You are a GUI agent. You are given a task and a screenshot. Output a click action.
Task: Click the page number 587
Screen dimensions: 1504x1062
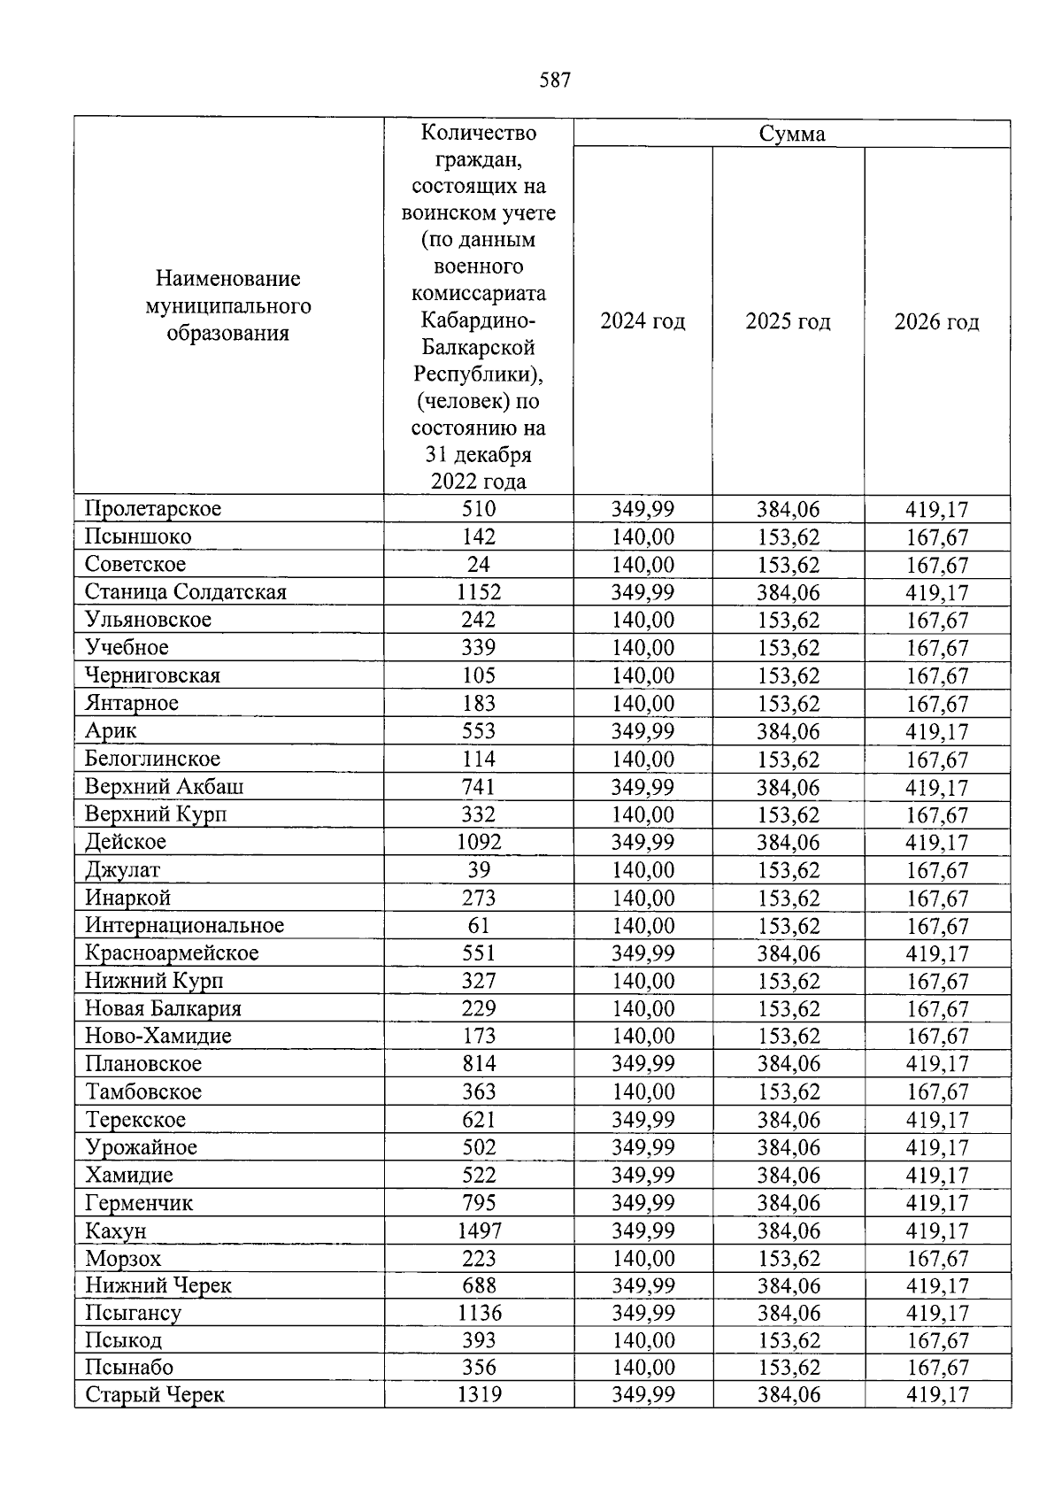click(555, 81)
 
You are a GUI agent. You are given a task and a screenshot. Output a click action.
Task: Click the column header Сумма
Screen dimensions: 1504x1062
click(792, 134)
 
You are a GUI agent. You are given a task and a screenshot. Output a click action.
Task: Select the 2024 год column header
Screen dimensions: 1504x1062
click(643, 320)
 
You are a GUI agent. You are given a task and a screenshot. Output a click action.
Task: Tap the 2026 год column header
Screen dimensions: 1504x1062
click(936, 321)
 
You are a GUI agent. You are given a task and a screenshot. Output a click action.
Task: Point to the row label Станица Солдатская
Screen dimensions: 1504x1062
click(186, 591)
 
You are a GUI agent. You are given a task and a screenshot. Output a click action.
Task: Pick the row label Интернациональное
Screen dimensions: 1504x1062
click(184, 925)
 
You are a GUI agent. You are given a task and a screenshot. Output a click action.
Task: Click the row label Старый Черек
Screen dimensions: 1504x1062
click(155, 1395)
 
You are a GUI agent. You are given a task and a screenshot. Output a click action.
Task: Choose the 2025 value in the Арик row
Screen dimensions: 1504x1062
click(788, 731)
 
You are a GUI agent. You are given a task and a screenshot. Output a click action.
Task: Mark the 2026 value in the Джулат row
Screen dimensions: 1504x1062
click(936, 870)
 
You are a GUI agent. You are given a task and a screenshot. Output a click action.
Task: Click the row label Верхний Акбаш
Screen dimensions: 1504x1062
click(165, 786)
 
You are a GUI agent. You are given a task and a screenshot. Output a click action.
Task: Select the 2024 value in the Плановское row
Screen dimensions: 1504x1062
click(643, 1063)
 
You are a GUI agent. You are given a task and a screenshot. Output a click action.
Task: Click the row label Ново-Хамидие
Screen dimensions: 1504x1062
click(158, 1036)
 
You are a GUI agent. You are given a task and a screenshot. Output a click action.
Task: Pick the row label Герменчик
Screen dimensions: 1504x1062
click(139, 1202)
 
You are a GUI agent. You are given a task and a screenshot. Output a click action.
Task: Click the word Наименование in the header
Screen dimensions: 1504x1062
click(227, 279)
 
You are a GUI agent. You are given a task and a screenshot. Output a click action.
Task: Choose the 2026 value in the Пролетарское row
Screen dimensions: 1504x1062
click(936, 509)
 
